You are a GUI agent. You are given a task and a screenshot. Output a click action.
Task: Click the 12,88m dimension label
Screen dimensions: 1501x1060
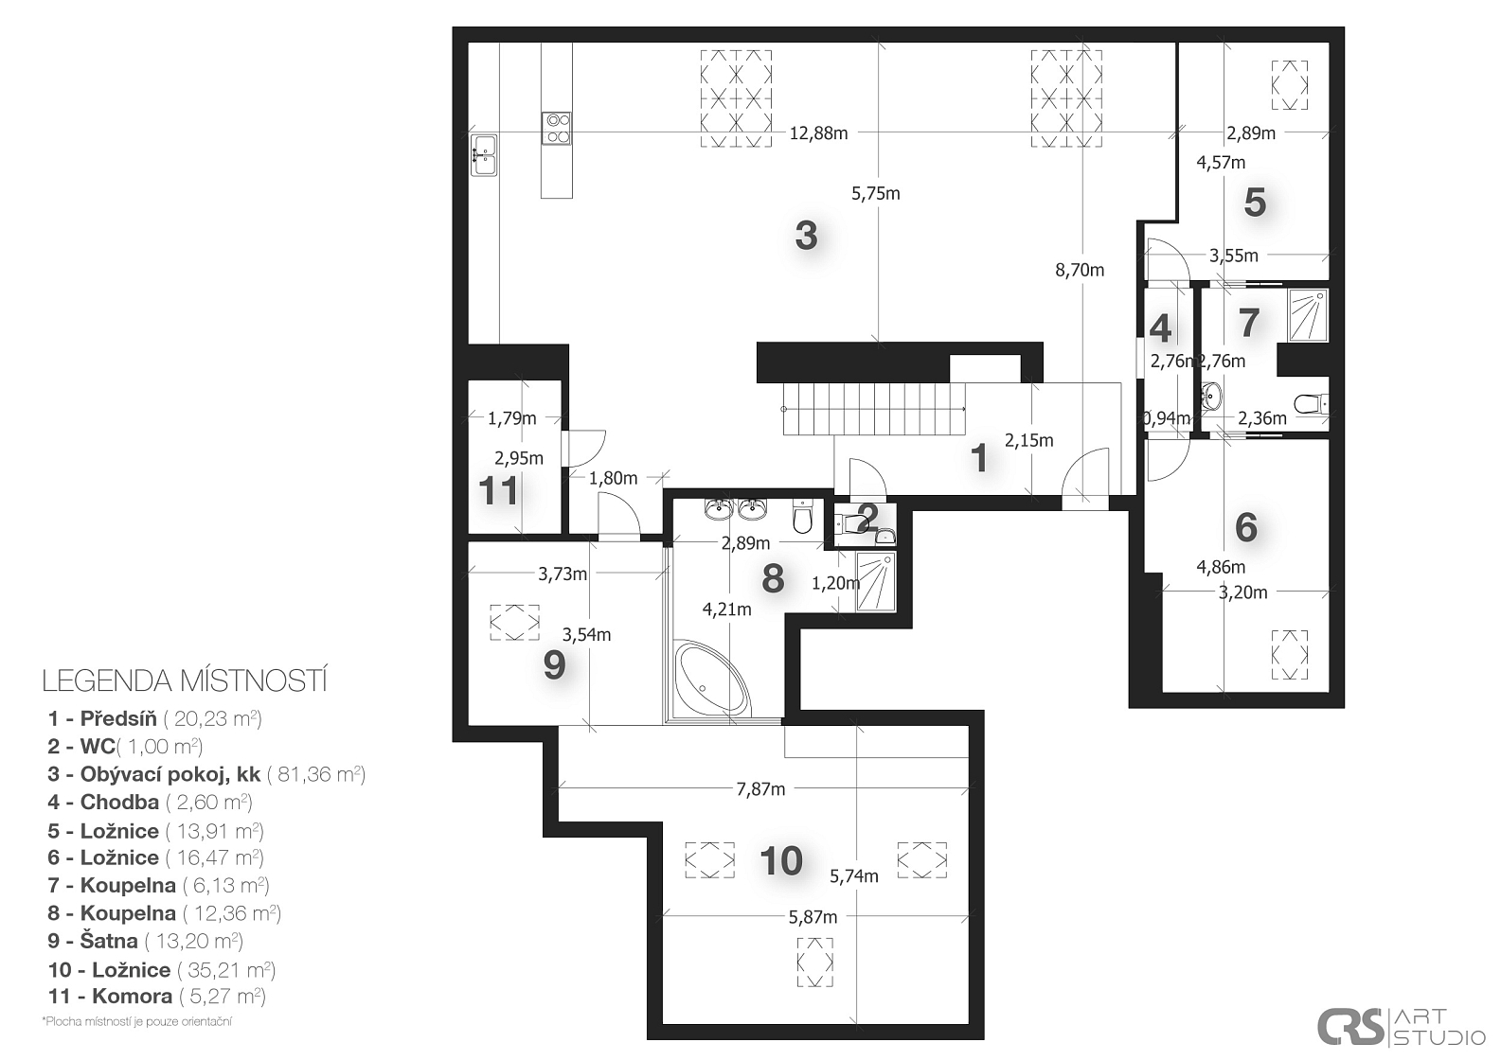point(818,133)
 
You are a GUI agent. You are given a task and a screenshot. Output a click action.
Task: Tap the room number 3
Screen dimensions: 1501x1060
point(806,236)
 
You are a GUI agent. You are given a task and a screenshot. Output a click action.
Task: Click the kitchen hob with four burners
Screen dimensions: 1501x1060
point(557,128)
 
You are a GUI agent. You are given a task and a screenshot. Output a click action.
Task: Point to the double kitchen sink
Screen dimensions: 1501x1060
point(483,154)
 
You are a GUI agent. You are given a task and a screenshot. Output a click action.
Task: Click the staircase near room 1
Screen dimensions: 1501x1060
point(874,409)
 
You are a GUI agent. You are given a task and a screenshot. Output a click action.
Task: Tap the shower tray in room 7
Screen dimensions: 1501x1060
point(1307,315)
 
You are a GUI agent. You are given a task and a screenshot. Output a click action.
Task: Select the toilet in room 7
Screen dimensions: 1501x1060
point(1311,404)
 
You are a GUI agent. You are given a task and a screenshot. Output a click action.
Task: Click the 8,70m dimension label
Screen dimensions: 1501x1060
point(1080,270)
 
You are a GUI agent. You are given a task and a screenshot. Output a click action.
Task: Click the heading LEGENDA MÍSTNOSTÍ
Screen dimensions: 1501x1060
point(185,680)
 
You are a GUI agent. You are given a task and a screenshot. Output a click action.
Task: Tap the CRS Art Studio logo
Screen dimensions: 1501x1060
point(1401,1025)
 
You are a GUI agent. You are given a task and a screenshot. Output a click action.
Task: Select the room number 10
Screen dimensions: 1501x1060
point(781,861)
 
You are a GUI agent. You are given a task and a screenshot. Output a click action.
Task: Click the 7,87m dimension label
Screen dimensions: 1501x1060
point(760,789)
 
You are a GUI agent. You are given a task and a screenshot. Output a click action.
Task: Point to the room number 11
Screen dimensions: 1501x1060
point(498,491)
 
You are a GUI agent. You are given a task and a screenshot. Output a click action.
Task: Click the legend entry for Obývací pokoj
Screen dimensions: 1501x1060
point(206,774)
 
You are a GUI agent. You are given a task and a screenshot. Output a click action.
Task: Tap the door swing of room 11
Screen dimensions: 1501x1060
point(583,448)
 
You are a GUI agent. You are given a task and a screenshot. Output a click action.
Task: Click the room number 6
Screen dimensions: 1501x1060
point(1245,527)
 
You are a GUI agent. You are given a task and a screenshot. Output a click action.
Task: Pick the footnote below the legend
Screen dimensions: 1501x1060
point(136,1022)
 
